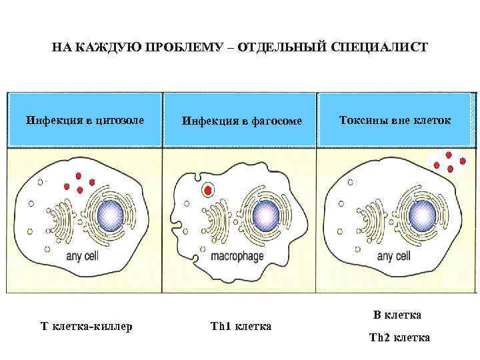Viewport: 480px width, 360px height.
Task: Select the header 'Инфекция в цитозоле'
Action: coord(85,121)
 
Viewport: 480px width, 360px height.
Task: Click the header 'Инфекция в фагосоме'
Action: coord(242,121)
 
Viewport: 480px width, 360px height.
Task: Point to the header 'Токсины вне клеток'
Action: coord(395,121)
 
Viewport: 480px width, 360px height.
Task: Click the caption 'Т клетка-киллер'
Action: coord(87,327)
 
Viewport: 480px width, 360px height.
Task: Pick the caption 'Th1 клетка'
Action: coord(241,327)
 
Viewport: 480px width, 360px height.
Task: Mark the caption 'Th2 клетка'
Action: coord(399,338)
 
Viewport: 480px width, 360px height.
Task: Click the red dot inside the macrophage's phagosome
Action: coord(209,191)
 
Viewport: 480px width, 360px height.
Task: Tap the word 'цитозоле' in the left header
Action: coord(119,121)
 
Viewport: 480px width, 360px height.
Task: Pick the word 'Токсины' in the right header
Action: coord(359,121)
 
